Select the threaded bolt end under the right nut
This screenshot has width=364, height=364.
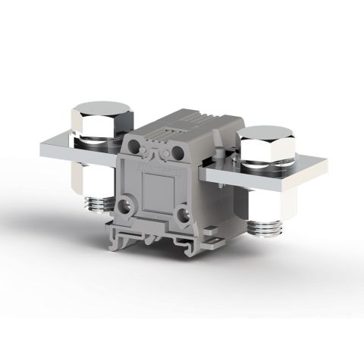267,227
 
